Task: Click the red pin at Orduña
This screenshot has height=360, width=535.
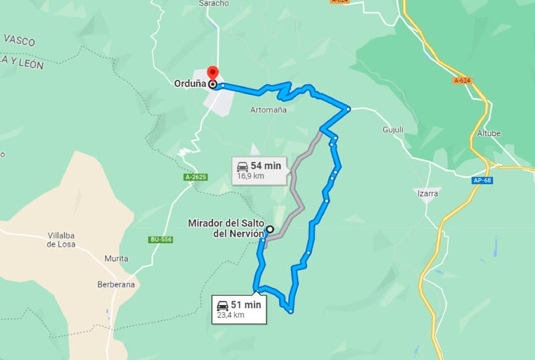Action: pyautogui.click(x=212, y=73)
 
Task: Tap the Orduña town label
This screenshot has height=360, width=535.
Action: pyautogui.click(x=190, y=83)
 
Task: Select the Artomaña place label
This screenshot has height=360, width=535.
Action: pyautogui.click(x=269, y=110)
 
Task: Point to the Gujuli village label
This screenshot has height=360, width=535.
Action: pyautogui.click(x=393, y=130)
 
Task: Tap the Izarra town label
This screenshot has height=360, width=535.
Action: pyautogui.click(x=427, y=193)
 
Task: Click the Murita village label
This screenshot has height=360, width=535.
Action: pyautogui.click(x=116, y=258)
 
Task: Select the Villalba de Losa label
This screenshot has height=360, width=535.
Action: pyautogui.click(x=61, y=240)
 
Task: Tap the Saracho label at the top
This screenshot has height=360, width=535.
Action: pyautogui.click(x=214, y=4)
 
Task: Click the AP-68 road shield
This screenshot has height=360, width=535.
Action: pyautogui.click(x=481, y=180)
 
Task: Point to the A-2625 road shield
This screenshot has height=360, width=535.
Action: pyautogui.click(x=195, y=176)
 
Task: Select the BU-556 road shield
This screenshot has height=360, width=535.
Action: pyautogui.click(x=160, y=240)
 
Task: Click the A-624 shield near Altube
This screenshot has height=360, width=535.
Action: pyautogui.click(x=462, y=81)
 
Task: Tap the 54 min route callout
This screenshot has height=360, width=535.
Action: pyautogui.click(x=260, y=170)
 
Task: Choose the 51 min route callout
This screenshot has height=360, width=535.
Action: pyautogui.click(x=239, y=309)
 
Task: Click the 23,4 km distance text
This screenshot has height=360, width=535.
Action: pyautogui.click(x=230, y=315)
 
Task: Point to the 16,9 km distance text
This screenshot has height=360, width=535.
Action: pyautogui.click(x=250, y=176)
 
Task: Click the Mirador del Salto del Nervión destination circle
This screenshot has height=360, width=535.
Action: pyautogui.click(x=270, y=230)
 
